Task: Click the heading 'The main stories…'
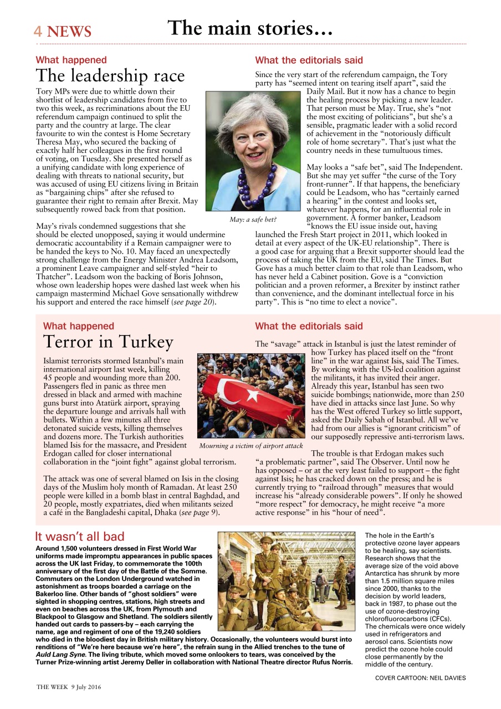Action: (x=250, y=28)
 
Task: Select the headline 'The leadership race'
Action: (x=110, y=76)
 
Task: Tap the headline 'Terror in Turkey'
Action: (x=108, y=342)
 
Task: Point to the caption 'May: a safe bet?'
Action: (x=253, y=220)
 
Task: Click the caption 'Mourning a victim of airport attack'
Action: (x=251, y=445)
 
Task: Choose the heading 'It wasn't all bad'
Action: (x=80, y=536)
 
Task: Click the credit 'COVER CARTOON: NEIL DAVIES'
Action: (x=420, y=677)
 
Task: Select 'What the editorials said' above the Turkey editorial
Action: (x=309, y=326)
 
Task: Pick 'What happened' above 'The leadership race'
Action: (x=71, y=60)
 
